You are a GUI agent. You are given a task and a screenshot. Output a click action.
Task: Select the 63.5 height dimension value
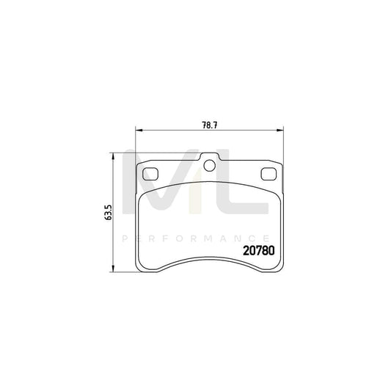pos(109,213)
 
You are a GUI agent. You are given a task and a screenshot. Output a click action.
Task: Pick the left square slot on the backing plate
pos(152,174)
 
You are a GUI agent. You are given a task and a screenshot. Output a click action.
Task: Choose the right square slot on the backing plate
pos(268,174)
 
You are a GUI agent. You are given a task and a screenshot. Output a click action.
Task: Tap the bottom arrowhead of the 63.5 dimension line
pos(112,268)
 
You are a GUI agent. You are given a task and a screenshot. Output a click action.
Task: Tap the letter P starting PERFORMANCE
pos(125,238)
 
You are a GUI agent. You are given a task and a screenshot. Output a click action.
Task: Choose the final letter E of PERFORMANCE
pos(263,238)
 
